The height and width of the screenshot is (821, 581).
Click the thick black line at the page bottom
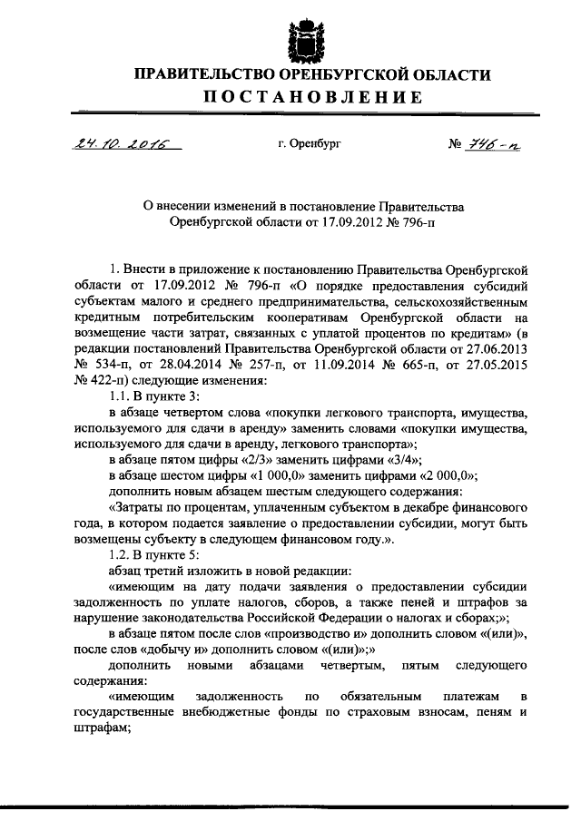pos(290,806)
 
